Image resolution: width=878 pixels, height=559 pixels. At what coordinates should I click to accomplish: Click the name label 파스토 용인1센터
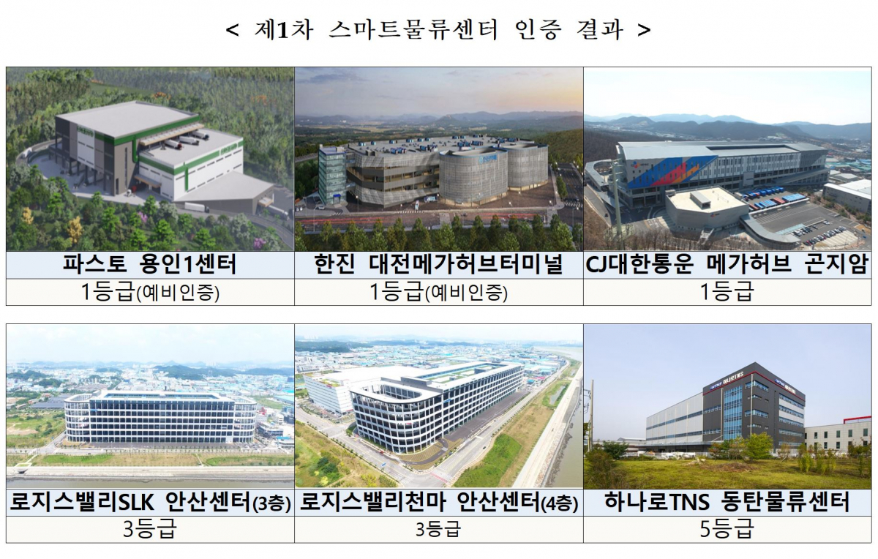coord(150,265)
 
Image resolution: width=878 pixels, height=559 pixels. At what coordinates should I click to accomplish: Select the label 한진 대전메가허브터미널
coord(438,265)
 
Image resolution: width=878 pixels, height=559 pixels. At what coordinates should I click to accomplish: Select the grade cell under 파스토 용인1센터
coord(150,293)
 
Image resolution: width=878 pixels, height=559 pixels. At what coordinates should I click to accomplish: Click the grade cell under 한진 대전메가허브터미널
coord(438,293)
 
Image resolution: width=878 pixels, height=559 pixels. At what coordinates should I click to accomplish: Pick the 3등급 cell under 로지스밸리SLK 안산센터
coord(150,530)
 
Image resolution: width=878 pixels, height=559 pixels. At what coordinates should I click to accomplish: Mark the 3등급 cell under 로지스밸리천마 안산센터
coord(438,530)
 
